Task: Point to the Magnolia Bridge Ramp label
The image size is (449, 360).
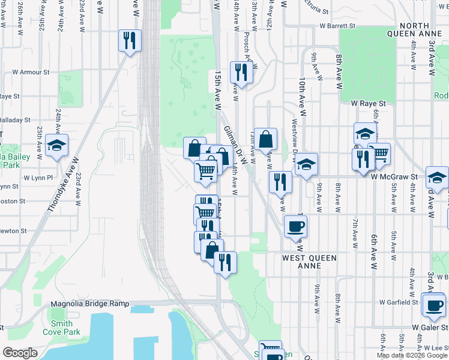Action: pyautogui.click(x=90, y=304)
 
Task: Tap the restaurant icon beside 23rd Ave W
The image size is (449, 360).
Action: pyautogui.click(x=129, y=40)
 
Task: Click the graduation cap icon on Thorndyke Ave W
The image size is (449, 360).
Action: pyautogui.click(x=56, y=145)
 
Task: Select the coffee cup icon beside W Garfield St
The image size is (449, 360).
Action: pyautogui.click(x=433, y=304)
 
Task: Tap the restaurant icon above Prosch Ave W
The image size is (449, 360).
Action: pyautogui.click(x=241, y=72)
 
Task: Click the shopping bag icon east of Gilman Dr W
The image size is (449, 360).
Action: pyautogui.click(x=265, y=139)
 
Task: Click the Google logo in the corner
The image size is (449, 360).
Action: pyautogui.click(x=20, y=353)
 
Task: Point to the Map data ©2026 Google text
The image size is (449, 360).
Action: pyautogui.click(x=411, y=355)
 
